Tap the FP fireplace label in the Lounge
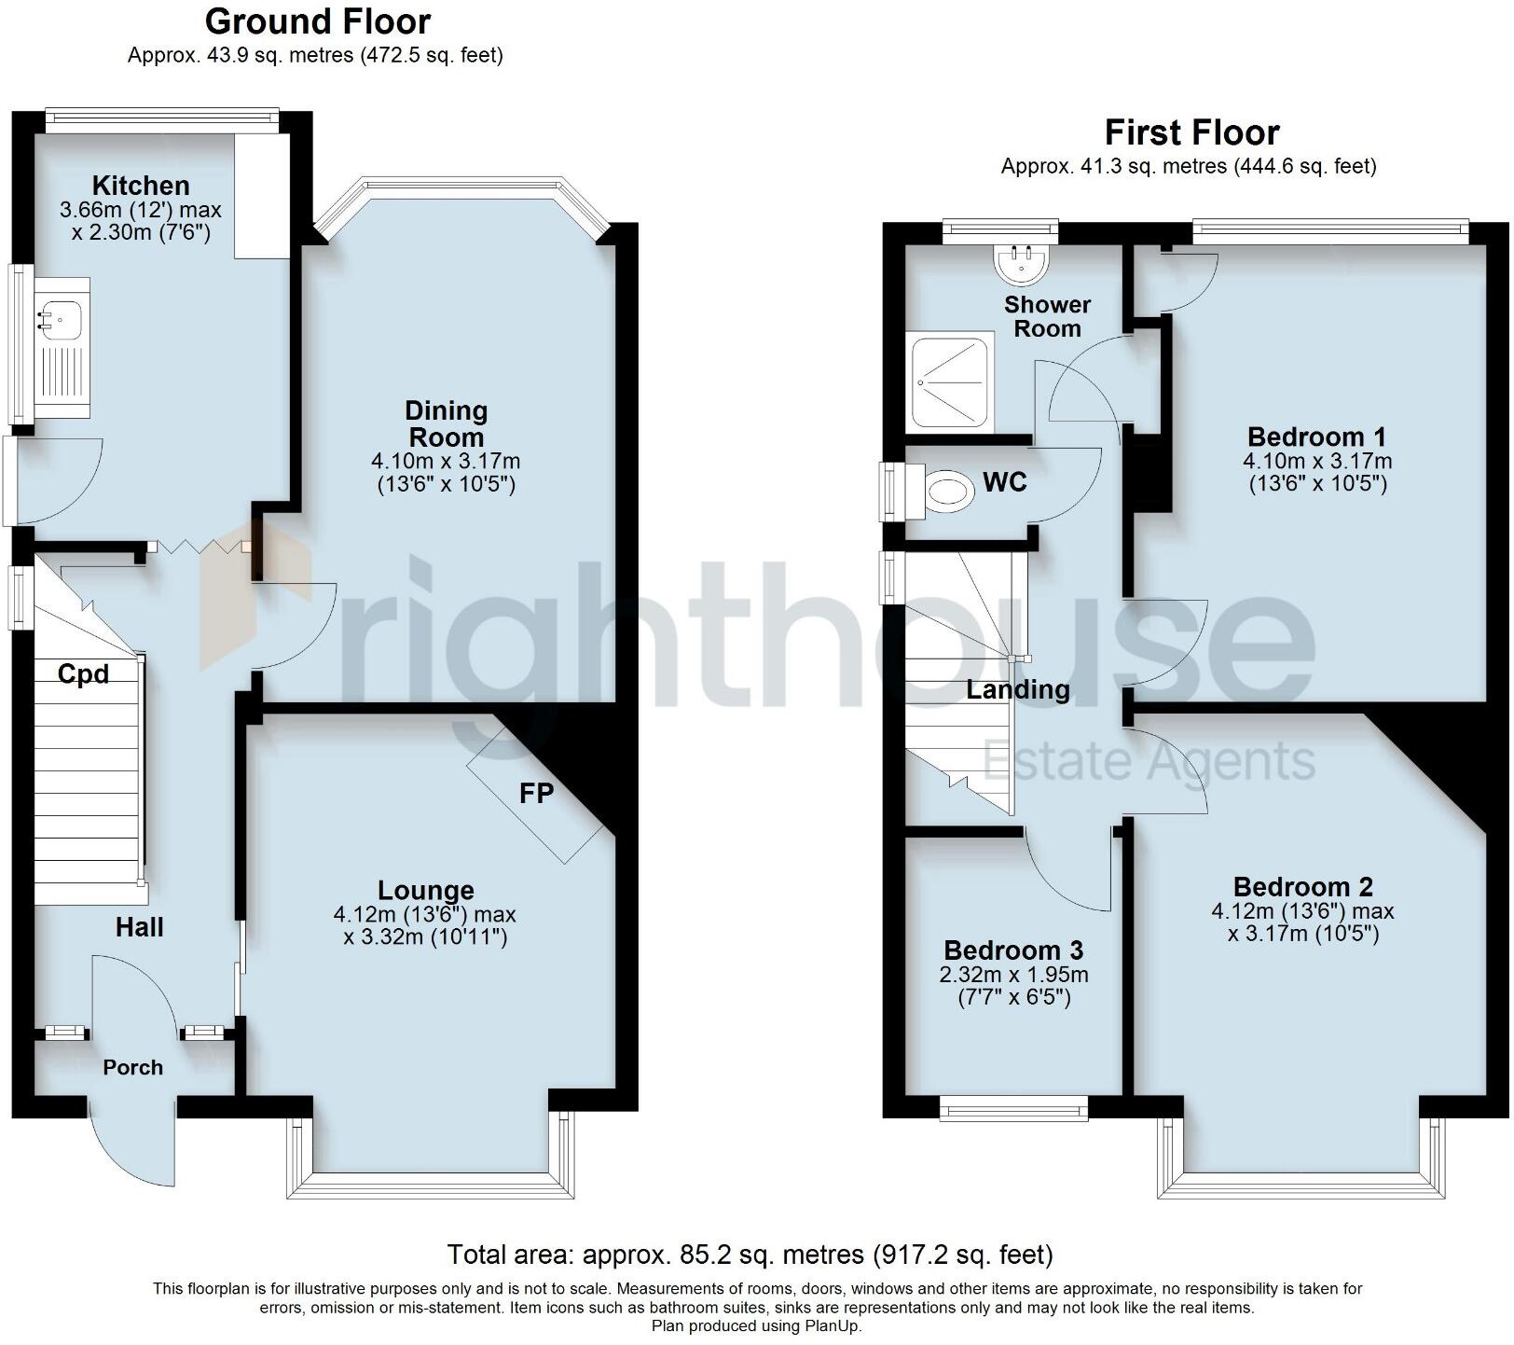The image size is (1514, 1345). click(536, 794)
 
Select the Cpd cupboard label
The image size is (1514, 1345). click(83, 674)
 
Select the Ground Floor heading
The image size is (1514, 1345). click(317, 21)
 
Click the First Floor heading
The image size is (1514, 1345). click(1191, 132)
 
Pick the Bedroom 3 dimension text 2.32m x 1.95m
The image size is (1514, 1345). click(1013, 976)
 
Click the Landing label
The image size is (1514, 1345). click(1017, 690)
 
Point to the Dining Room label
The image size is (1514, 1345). click(446, 423)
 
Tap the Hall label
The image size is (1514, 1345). click(139, 927)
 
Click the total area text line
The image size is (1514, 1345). click(750, 1255)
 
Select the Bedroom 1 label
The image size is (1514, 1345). click(1316, 437)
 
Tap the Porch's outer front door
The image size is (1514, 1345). click(135, 1147)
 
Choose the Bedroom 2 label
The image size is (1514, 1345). click(1302, 887)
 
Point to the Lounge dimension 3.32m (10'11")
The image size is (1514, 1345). click(425, 937)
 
